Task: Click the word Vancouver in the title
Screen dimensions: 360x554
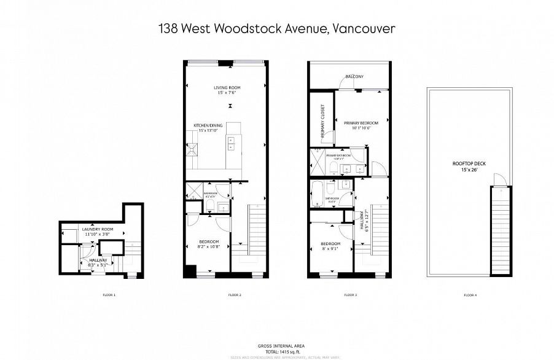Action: click(363, 29)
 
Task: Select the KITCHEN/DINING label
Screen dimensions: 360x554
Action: click(207, 125)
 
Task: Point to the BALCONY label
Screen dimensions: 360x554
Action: click(354, 77)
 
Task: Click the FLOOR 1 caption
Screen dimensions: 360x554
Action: click(109, 295)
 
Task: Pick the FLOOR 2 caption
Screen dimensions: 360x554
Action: click(235, 295)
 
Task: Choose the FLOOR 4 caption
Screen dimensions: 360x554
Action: click(470, 295)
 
